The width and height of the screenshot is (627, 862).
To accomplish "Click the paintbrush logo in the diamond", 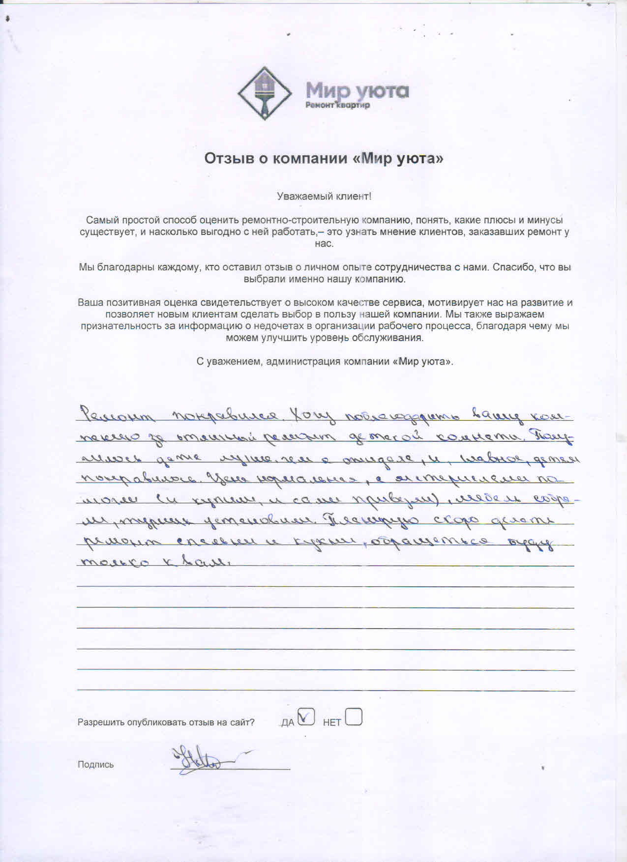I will coord(265,93).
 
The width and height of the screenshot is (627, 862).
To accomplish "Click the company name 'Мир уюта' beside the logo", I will coord(357,90).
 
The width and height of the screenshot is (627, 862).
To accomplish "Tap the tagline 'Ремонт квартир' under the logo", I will coord(337,105).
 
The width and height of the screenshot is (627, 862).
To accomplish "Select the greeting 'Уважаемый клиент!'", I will coord(324,197).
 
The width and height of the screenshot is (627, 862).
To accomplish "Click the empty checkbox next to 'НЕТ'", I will coord(354,717).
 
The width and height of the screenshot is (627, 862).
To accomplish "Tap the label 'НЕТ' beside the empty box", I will coord(332,722).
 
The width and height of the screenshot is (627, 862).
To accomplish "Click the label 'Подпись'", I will coord(95,764).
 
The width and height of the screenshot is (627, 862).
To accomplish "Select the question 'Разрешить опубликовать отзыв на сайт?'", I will coord(166,722).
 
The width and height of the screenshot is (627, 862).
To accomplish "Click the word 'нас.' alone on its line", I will coord(324,244).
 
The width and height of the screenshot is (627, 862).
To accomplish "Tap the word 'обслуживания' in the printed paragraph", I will coord(393,338).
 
